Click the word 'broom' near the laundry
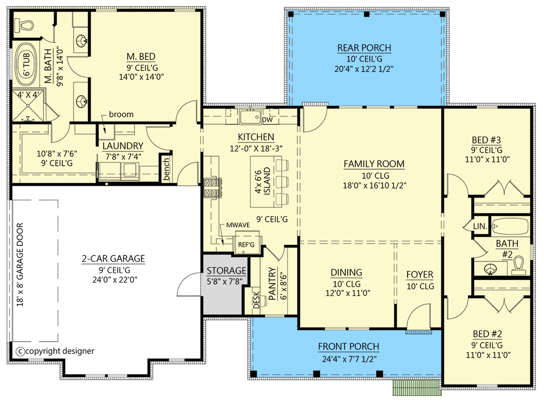tap(121, 114)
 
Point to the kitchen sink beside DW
tap(249, 117)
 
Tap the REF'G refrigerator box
tap(247, 245)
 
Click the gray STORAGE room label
tap(226, 271)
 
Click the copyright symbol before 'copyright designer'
tap(21, 351)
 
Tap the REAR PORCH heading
tap(364, 48)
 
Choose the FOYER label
tap(420, 275)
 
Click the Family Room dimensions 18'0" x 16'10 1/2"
tap(374, 185)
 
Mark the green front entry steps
tap(415, 388)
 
